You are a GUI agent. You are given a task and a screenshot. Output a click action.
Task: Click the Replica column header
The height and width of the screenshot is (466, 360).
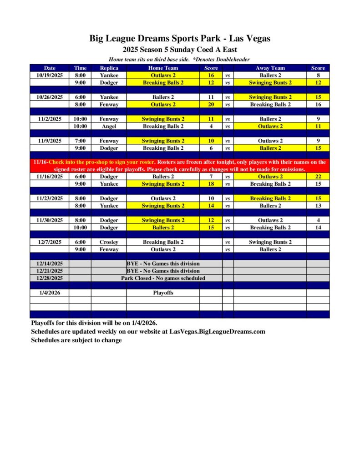pyautogui.click(x=109, y=68)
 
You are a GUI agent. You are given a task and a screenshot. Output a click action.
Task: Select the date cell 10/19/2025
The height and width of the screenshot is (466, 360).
pyautogui.click(x=50, y=76)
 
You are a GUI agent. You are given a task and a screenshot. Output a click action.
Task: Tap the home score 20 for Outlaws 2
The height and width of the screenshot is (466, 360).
pyautogui.click(x=211, y=105)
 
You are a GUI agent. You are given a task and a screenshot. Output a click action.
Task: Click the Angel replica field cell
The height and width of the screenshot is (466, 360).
pyautogui.click(x=109, y=127)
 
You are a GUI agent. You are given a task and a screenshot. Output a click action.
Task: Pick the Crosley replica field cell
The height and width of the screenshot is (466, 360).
pyautogui.click(x=109, y=242)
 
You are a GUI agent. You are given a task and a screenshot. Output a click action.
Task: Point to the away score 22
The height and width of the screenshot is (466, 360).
pyautogui.click(x=318, y=177)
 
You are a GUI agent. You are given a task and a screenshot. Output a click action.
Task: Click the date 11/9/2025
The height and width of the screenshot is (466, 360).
pyautogui.click(x=50, y=141)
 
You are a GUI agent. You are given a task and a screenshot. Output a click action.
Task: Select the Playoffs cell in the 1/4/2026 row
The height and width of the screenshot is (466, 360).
pyautogui.click(x=163, y=293)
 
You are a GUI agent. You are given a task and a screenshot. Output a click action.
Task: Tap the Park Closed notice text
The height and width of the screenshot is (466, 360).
pyautogui.click(x=163, y=278)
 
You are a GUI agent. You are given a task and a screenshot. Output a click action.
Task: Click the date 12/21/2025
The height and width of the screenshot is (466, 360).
pyautogui.click(x=50, y=271)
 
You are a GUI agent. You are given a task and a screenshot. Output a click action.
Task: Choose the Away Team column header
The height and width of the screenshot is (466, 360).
pyautogui.click(x=270, y=68)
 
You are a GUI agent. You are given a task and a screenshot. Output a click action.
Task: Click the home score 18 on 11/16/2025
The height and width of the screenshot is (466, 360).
pyautogui.click(x=211, y=184)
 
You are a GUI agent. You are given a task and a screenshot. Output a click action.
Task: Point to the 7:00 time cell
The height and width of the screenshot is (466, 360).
pyautogui.click(x=80, y=141)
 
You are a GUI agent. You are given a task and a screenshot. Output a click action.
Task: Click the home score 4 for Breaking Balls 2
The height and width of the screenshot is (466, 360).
pyautogui.click(x=211, y=127)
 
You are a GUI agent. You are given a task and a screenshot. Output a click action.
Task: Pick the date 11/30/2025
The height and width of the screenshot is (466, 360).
pyautogui.click(x=50, y=220)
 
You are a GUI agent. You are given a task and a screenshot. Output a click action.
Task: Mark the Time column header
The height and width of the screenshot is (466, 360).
pyautogui.click(x=80, y=68)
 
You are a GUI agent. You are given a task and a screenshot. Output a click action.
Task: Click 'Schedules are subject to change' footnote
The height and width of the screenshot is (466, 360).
pyautogui.click(x=76, y=340)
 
